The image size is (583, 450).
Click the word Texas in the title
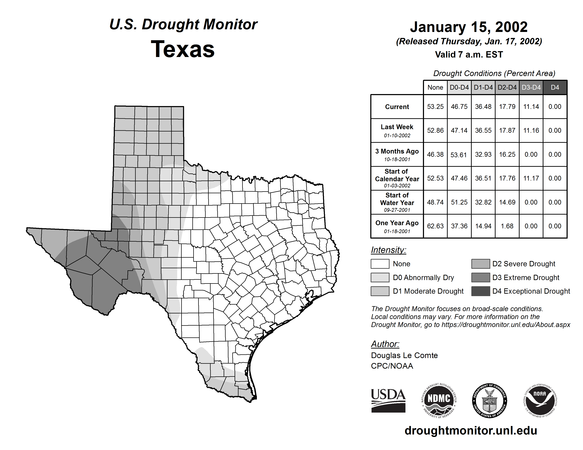[183, 49]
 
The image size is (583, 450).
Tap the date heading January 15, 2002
[469, 27]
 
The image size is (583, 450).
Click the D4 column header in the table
[555, 87]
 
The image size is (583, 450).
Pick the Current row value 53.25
[435, 107]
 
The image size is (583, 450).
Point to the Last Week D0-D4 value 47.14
[459, 130]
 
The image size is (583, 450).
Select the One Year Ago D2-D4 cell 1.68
[507, 226]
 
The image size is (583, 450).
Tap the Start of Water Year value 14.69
[507, 202]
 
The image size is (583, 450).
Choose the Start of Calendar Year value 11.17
[531, 178]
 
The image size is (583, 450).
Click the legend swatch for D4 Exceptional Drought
[481, 291]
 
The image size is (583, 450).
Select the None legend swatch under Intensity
[380, 264]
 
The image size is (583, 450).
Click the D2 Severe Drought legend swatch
[481, 264]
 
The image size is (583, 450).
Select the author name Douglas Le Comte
[404, 355]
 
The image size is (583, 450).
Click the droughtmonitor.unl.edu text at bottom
[471, 431]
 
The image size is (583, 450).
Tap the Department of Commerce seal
[490, 400]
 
